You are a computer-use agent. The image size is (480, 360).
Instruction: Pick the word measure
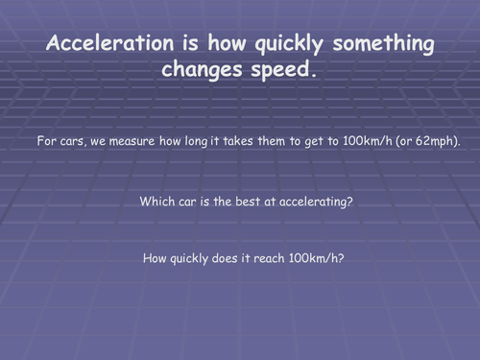click(136, 141)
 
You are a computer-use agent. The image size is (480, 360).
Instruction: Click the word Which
click(156, 202)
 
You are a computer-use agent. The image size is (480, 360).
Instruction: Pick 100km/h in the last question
click(317, 258)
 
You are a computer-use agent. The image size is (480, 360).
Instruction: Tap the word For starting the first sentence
click(47, 141)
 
